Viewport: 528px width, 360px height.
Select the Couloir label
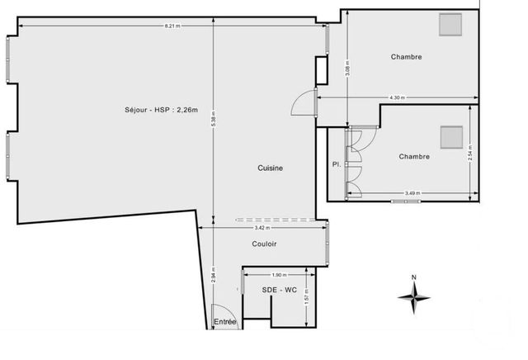pyautogui.click(x=264, y=244)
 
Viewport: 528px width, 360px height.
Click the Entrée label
pyautogui.click(x=224, y=321)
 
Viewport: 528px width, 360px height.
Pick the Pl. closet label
pyautogui.click(x=336, y=164)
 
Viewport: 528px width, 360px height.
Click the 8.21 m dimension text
pyautogui.click(x=172, y=26)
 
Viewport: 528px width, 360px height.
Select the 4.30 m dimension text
pyautogui.click(x=397, y=98)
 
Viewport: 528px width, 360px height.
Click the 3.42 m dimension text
pyautogui.click(x=261, y=227)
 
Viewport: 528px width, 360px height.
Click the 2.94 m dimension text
pyautogui.click(x=214, y=275)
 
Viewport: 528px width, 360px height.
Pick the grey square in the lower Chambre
pyautogui.click(x=451, y=136)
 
